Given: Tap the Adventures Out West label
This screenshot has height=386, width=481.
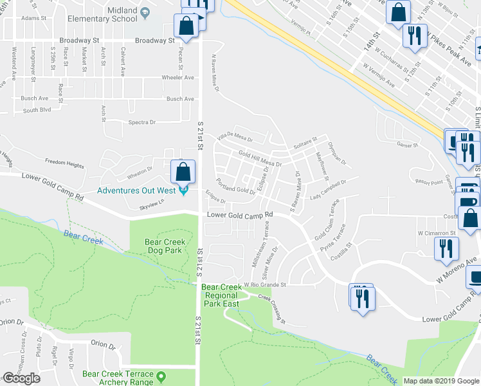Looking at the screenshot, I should [137, 190].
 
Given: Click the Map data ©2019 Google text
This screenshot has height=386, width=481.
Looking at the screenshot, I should [441, 381].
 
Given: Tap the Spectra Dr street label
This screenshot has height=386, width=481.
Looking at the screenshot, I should [142, 122].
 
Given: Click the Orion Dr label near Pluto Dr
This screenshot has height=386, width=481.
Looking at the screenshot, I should [104, 345].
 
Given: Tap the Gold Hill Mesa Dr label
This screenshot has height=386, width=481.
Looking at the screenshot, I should [260, 159].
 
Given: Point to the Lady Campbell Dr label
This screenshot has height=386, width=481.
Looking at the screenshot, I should [328, 190].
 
